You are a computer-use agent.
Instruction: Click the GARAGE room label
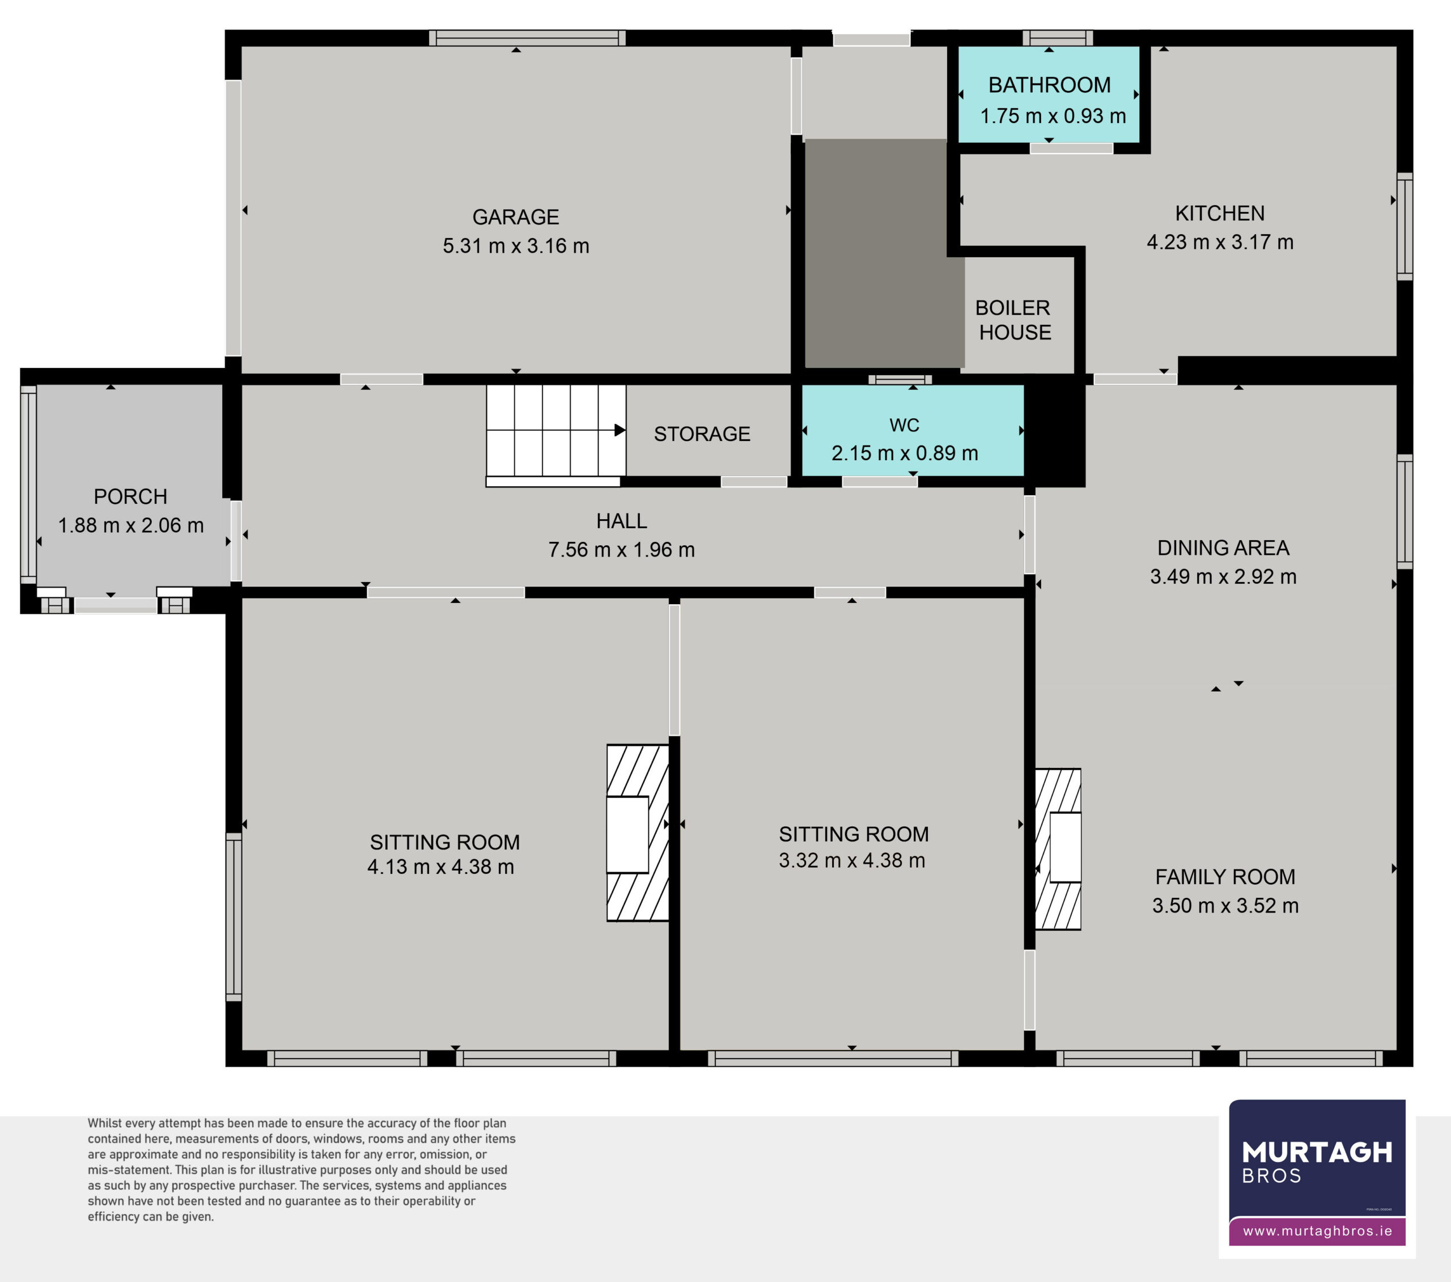(x=516, y=217)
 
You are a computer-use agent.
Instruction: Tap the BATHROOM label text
(x=1049, y=85)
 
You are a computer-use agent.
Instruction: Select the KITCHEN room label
(x=1220, y=213)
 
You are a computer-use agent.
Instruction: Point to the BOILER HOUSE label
(x=1013, y=320)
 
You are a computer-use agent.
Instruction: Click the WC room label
(x=905, y=425)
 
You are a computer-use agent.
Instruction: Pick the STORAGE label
(x=702, y=434)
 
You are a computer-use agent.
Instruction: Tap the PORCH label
(x=130, y=496)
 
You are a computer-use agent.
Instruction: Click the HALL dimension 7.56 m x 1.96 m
(x=621, y=549)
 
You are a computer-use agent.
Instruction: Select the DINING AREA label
(x=1223, y=547)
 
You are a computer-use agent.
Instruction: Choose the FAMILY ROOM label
(x=1225, y=877)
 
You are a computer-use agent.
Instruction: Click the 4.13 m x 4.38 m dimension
(x=441, y=867)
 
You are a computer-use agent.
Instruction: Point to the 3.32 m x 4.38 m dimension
(x=852, y=860)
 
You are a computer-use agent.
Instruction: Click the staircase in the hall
(x=556, y=432)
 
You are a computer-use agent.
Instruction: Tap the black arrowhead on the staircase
(x=620, y=430)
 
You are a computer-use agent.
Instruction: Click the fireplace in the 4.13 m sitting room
(x=638, y=833)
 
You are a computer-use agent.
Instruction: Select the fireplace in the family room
(x=1058, y=849)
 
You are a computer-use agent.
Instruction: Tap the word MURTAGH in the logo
(x=1317, y=1153)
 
